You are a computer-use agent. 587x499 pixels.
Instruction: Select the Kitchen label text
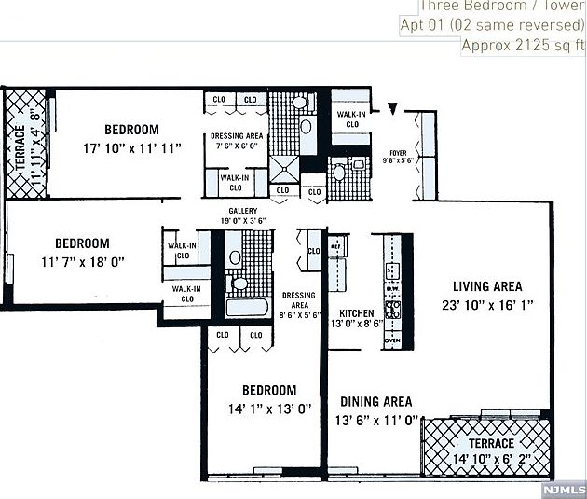pyautogui.click(x=356, y=312)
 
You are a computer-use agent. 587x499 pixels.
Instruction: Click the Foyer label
pyautogui.click(x=398, y=152)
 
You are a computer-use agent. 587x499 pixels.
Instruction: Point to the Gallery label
pyautogui.click(x=242, y=211)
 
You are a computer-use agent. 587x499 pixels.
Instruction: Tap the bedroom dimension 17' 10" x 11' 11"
pyautogui.click(x=130, y=147)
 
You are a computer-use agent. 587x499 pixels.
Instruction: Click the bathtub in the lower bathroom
pyautogui.click(x=247, y=307)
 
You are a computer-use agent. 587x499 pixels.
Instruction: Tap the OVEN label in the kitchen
pyautogui.click(x=392, y=340)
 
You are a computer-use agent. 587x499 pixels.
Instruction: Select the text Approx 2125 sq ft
pyautogui.click(x=524, y=44)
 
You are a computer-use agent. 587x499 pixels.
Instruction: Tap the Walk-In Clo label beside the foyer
pyautogui.click(x=352, y=118)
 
